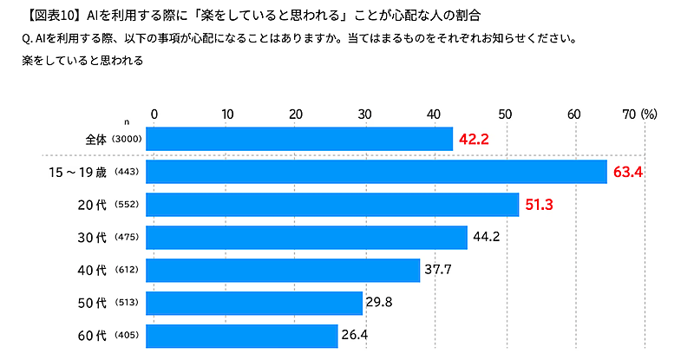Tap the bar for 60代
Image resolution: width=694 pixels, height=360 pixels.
click(242, 336)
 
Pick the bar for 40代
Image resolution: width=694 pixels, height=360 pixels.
click(283, 270)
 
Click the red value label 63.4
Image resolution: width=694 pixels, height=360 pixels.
click(627, 172)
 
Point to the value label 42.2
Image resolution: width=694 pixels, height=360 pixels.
click(475, 139)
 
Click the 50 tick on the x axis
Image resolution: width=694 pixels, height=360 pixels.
click(504, 115)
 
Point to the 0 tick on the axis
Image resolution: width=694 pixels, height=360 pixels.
click(154, 115)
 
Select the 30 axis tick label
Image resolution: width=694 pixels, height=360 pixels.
click(363, 115)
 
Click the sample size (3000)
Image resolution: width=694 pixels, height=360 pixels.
click(127, 140)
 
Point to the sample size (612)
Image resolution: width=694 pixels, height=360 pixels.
click(127, 271)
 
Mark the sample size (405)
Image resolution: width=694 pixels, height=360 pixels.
click(127, 337)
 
